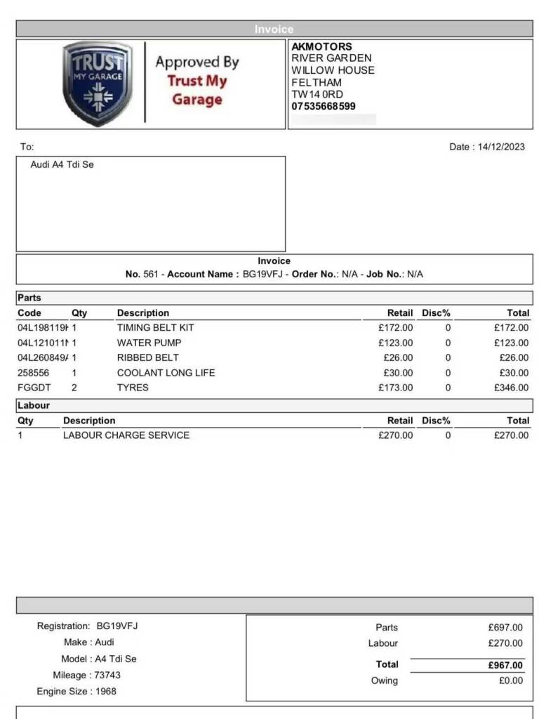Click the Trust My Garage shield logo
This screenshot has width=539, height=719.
point(98,84)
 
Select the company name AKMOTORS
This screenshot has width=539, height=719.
point(322,46)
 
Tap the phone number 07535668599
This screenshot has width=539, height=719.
point(324,107)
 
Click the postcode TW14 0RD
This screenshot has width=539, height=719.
point(317,95)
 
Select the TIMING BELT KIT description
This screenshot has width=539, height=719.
point(155,328)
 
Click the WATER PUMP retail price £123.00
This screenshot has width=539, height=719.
point(396,343)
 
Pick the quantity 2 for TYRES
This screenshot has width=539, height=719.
point(74,388)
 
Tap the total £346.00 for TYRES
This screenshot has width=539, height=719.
point(512,388)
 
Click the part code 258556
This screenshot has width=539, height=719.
point(33,373)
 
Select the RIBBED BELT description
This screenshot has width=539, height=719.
point(147,357)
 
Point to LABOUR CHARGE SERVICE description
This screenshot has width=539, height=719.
point(126,435)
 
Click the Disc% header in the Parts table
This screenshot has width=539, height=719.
point(436,313)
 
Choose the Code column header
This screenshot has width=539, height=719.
point(29,313)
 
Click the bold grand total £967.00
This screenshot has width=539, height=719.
point(506,666)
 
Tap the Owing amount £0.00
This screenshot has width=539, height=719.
point(511,680)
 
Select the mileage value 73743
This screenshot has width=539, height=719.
point(107,675)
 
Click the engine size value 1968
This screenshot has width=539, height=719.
point(105,692)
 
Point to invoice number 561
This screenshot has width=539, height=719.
point(151,275)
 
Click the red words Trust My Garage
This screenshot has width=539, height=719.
point(197,90)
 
